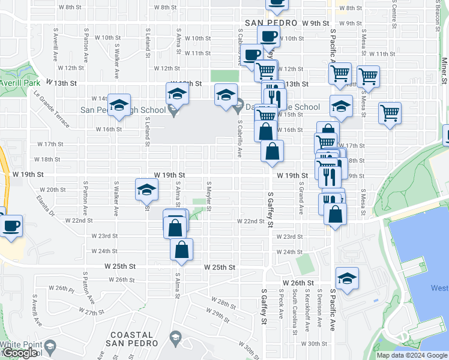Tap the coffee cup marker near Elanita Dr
(11, 226)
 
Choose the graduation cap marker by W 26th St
(347, 278)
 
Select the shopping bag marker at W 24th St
(181, 249)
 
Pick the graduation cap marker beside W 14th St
(119, 106)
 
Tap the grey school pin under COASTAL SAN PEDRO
(175, 337)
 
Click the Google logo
(20, 353)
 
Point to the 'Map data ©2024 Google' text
(412, 355)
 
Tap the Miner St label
(444, 71)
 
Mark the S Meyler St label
(209, 196)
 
